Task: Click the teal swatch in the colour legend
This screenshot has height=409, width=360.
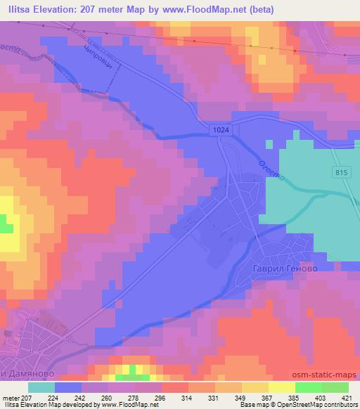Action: [x=41, y=387]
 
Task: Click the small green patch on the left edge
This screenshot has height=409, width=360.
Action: [x=6, y=227]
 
